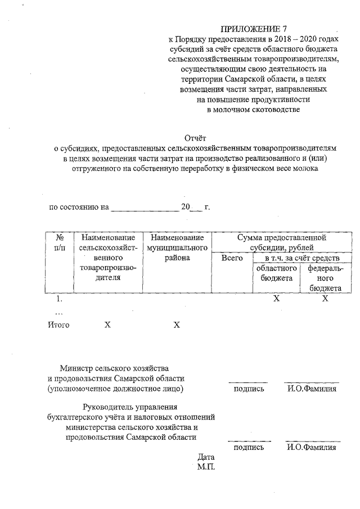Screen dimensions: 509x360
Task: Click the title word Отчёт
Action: [x=196, y=137]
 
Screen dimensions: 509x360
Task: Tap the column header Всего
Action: [x=232, y=258]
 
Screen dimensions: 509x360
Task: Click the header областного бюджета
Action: [x=273, y=273]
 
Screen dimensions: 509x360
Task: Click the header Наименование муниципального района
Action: [x=177, y=248]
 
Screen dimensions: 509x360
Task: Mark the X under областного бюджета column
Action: [x=276, y=299]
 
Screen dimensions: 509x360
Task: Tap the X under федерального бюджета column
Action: [x=325, y=299]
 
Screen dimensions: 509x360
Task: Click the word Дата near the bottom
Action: [x=206, y=457]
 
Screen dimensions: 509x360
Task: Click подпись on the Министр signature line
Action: [x=248, y=388]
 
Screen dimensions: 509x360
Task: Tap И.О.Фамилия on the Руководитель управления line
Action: [x=312, y=447]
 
